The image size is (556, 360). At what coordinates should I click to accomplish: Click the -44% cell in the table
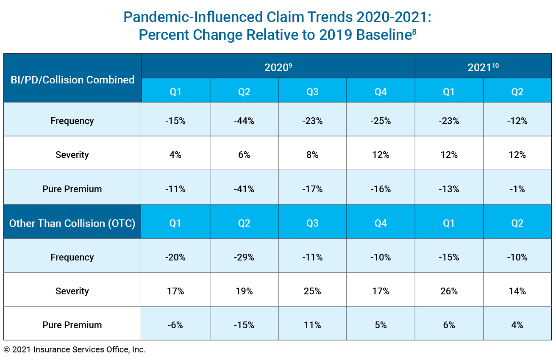click(x=244, y=121)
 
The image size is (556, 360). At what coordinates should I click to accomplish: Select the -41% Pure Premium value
click(x=244, y=189)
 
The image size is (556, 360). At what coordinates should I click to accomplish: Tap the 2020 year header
click(x=278, y=67)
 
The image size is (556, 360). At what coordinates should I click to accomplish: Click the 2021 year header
click(x=483, y=67)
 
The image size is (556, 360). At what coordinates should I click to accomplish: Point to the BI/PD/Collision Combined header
click(x=72, y=80)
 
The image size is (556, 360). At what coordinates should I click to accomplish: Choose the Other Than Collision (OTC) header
click(x=72, y=223)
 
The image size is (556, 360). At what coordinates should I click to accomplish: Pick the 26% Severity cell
click(x=449, y=291)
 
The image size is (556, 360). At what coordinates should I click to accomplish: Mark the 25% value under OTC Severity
click(x=312, y=291)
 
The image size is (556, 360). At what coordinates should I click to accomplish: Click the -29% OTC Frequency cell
click(x=244, y=257)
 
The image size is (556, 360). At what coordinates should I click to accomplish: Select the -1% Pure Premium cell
click(x=517, y=189)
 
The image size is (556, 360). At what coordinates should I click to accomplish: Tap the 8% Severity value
click(x=312, y=155)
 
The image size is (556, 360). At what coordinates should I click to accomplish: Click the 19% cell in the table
click(x=244, y=291)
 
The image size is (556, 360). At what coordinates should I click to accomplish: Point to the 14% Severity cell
click(x=517, y=291)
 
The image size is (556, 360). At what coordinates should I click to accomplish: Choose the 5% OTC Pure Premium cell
click(x=381, y=325)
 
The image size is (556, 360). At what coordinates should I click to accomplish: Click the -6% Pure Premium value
click(x=175, y=325)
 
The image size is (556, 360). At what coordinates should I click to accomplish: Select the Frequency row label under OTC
click(x=72, y=257)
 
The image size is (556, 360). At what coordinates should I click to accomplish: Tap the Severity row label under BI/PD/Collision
click(x=72, y=155)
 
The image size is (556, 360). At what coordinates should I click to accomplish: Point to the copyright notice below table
click(x=75, y=350)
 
